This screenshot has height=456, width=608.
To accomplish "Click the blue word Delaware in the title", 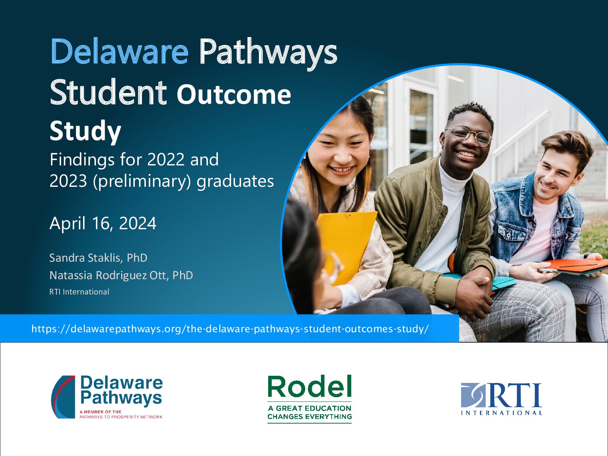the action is (x=119, y=52).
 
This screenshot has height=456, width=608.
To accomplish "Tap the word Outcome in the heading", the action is (x=234, y=94).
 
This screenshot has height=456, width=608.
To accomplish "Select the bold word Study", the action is (x=86, y=131).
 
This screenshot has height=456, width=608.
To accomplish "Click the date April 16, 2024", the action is (x=103, y=224).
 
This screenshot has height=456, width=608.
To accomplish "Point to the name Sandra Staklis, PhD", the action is (x=98, y=258).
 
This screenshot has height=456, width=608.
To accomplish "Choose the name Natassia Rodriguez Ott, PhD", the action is (x=121, y=275).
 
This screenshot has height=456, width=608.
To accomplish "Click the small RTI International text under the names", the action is (x=79, y=292).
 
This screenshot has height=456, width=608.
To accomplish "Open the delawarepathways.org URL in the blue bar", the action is (x=230, y=329).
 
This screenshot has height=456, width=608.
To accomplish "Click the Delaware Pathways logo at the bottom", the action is (x=107, y=397).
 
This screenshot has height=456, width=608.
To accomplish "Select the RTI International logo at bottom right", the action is (x=501, y=399).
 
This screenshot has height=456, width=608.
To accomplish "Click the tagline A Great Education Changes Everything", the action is (x=310, y=413).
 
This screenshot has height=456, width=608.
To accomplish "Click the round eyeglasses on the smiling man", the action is (x=468, y=135).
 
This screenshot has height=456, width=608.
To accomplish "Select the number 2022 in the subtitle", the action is (x=166, y=160).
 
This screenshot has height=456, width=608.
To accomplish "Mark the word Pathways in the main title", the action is (x=268, y=53).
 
